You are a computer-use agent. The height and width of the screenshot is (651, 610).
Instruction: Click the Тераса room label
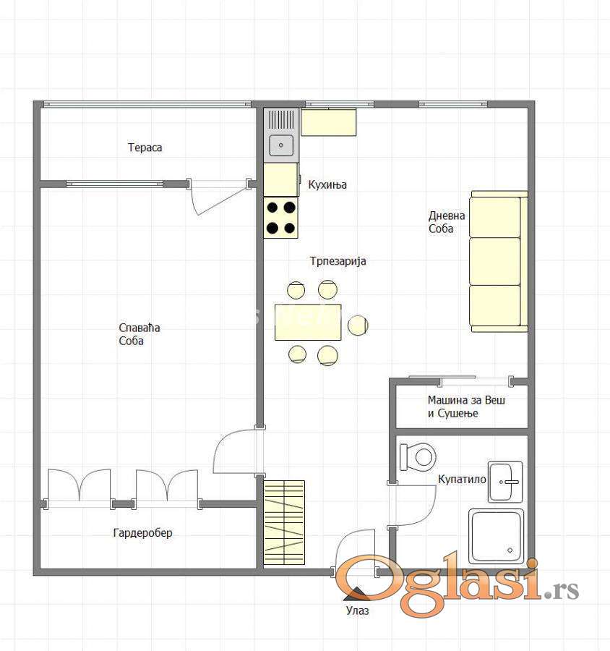click(x=145, y=148)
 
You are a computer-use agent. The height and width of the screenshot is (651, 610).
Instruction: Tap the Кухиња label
click(x=327, y=184)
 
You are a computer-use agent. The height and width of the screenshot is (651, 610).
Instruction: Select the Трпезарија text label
click(x=338, y=261)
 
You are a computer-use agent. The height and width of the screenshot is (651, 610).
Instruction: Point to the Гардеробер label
click(x=142, y=532)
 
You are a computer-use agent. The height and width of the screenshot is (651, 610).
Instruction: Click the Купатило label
click(x=462, y=480)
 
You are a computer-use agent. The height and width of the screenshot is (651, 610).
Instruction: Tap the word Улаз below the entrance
click(x=357, y=610)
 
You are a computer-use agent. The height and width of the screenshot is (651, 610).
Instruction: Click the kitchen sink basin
click(x=281, y=145)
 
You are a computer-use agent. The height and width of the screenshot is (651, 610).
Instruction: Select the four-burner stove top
click(x=281, y=218)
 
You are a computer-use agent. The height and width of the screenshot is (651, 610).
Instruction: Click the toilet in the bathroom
click(x=418, y=457)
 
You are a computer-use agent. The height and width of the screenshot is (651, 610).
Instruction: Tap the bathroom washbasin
click(x=505, y=482)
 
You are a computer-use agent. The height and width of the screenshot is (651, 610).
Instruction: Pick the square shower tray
click(x=497, y=536)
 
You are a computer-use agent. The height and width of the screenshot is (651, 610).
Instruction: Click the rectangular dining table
click(x=308, y=322)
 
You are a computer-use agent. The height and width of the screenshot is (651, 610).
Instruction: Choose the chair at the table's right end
click(x=358, y=325)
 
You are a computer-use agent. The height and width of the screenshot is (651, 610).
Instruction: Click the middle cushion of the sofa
click(x=494, y=261)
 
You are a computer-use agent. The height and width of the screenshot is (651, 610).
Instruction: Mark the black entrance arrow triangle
click(x=357, y=594)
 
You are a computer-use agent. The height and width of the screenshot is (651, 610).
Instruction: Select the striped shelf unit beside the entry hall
click(x=284, y=523)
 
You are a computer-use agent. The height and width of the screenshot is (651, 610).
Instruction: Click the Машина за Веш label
click(x=466, y=400)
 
